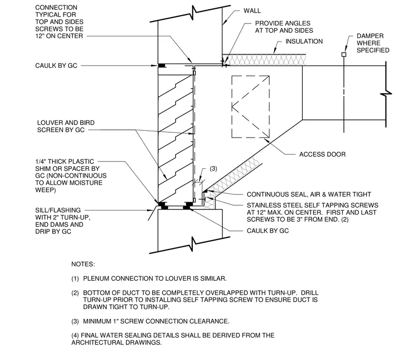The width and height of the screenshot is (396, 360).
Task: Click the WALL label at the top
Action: [252, 11]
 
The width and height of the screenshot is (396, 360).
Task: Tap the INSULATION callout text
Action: [304, 41]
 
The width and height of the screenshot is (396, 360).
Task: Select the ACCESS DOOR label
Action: [322, 154]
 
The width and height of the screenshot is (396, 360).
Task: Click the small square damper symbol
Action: [344, 54]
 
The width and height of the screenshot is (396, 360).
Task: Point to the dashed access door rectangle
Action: [232, 106]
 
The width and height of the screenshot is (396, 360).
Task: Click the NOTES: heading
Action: [83, 264]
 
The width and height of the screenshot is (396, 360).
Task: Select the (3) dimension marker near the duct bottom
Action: [214, 169]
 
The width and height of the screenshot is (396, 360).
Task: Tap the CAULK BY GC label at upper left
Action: [56, 66]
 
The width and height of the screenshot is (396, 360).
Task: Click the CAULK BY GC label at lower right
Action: [268, 231]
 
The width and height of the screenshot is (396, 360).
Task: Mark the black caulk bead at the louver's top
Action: [162, 66]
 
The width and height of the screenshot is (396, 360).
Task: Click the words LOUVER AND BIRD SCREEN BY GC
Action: [66, 126]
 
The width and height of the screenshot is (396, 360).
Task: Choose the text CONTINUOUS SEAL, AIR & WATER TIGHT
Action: [309, 194]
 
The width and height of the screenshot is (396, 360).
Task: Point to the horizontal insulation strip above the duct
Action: [264, 60]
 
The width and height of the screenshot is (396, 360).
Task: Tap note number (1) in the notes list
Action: [75, 279]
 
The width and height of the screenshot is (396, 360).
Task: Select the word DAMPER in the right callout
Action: [370, 36]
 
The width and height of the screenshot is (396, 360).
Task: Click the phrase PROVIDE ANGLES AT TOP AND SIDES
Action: [284, 27]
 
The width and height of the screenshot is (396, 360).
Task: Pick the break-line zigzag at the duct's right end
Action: [386, 94]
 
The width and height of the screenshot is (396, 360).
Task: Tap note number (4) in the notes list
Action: [75, 336]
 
